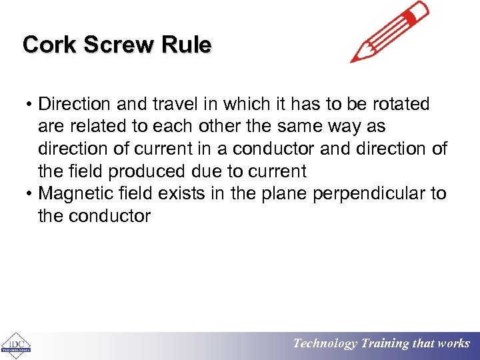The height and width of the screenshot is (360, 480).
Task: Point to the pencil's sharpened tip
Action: [x=354, y=59]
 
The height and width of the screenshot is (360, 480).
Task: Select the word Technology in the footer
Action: [x=325, y=344]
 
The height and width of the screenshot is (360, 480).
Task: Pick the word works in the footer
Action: [x=453, y=344]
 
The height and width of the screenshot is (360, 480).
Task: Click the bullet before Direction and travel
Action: [x=30, y=105]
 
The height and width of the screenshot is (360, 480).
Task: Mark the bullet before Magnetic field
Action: [x=30, y=194]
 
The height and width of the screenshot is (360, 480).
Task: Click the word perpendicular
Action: [x=373, y=194]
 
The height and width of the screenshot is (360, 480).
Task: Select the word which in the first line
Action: [x=247, y=105]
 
